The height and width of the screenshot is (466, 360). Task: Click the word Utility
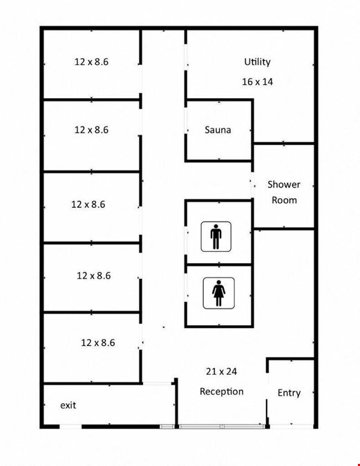pyautogui.click(x=257, y=62)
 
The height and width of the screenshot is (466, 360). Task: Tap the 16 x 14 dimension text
pyautogui.click(x=257, y=81)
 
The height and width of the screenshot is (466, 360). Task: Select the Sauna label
pyautogui.click(x=218, y=130)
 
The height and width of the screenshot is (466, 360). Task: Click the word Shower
pyautogui.click(x=284, y=184)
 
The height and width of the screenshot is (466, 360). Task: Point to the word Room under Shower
pyautogui.click(x=284, y=200)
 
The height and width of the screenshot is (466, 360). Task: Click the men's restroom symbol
pyautogui.click(x=216, y=237)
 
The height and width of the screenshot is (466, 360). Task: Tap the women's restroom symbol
pyautogui.click(x=218, y=293)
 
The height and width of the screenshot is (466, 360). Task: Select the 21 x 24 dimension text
pyautogui.click(x=221, y=371)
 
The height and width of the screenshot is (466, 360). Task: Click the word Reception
pyautogui.click(x=222, y=391)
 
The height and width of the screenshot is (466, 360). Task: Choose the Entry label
pyautogui.click(x=289, y=393)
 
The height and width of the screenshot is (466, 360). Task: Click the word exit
pyautogui.click(x=68, y=405)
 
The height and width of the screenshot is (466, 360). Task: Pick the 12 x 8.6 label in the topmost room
pyautogui.click(x=91, y=62)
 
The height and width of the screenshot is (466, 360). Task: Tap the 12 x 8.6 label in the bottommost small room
pyautogui.click(x=98, y=343)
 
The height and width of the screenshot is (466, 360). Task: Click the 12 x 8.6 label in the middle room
pyautogui.click(x=88, y=204)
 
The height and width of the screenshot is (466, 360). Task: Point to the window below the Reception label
pyautogui.click(x=222, y=427)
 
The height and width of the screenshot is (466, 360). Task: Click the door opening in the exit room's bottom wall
pyautogui.click(x=70, y=427)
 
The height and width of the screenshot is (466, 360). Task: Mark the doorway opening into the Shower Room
pyautogui.click(x=252, y=185)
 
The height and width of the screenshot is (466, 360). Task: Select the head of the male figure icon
pyautogui.click(x=216, y=226)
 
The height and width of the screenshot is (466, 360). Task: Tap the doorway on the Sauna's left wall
pyautogui.click(x=186, y=120)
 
